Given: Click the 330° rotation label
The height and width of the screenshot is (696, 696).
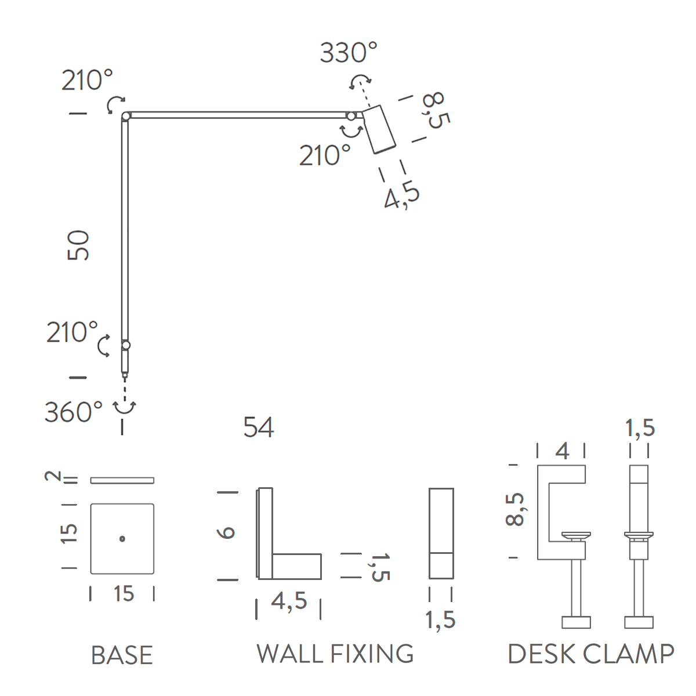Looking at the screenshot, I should click(x=348, y=53).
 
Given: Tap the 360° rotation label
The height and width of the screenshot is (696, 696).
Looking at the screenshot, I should click(x=74, y=412).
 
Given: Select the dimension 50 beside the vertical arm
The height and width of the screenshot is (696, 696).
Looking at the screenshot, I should click(x=79, y=245).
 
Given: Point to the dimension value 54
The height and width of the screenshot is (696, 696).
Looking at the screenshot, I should click(x=258, y=427).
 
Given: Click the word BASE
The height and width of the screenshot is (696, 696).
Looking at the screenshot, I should click(x=122, y=655).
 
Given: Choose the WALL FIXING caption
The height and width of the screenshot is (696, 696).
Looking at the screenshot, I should click(x=335, y=654).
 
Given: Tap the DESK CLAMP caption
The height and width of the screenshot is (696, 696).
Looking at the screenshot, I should click(x=590, y=654).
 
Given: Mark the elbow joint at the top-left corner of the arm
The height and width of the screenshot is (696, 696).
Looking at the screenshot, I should click(x=126, y=117).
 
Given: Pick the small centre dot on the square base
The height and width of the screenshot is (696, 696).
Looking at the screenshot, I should click(x=122, y=539).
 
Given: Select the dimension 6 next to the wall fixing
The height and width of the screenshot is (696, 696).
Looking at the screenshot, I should click(x=228, y=532).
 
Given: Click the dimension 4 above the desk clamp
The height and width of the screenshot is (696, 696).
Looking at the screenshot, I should click(x=562, y=451).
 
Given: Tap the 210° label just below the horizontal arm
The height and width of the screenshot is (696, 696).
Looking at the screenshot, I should click(x=325, y=155).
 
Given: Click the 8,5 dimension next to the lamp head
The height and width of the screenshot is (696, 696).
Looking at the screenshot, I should click(x=435, y=110).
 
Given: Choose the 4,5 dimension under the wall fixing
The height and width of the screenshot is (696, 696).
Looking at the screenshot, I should click(x=288, y=601).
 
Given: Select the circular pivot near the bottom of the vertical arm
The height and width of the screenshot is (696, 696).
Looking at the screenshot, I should click(x=126, y=345).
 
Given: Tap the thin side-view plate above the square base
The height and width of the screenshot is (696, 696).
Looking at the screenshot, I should click(x=122, y=480).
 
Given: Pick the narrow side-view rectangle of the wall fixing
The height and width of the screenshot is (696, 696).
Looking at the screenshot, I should click(x=441, y=533).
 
